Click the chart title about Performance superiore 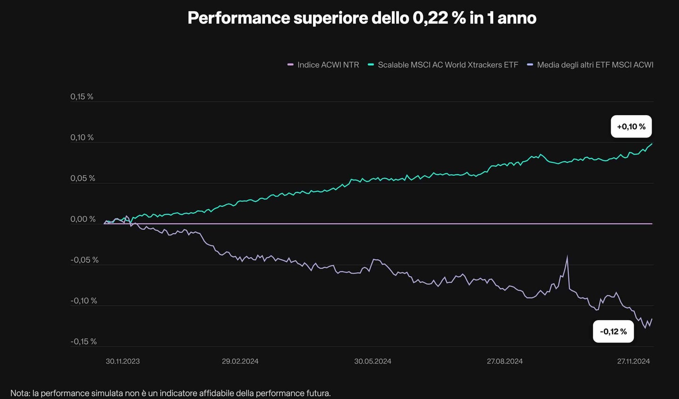362,18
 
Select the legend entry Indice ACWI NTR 328,65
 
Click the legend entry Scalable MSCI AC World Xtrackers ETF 447,65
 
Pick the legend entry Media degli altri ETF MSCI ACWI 595,65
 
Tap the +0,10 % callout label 631,127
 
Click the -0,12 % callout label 613,331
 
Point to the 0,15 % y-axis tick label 82,96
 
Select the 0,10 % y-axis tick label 82,137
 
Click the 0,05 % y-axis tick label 83,178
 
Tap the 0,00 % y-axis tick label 83,219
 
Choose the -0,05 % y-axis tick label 84,260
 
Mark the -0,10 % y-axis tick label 84,301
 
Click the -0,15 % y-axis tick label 83,341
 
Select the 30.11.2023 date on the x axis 123,361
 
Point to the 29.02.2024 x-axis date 240,361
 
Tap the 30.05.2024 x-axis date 373,361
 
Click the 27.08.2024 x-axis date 505,361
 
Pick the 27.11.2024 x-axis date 633,361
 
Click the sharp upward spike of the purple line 567,258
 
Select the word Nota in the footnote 20,393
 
